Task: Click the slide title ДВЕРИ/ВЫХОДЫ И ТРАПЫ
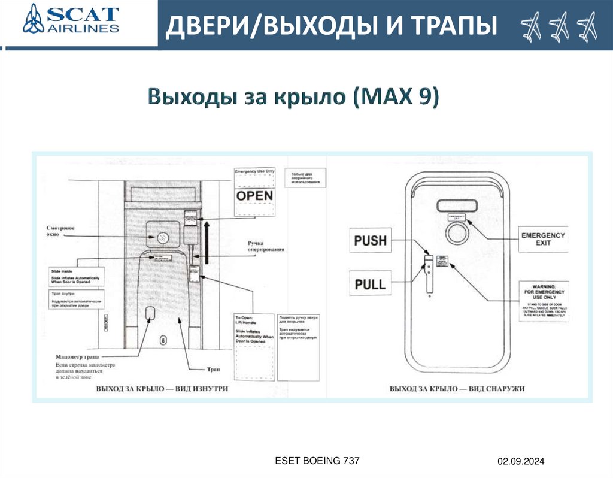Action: click(x=331, y=26)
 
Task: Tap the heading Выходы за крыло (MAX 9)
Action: click(x=293, y=96)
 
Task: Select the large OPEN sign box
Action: click(x=254, y=196)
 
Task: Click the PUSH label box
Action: click(x=371, y=241)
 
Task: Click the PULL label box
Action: click(x=371, y=283)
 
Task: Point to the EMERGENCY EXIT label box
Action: click(x=542, y=238)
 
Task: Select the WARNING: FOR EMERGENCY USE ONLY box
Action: click(x=542, y=300)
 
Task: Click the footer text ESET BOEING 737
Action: click(x=317, y=460)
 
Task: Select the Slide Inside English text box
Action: click(x=75, y=278)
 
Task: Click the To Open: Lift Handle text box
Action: click(x=254, y=328)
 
